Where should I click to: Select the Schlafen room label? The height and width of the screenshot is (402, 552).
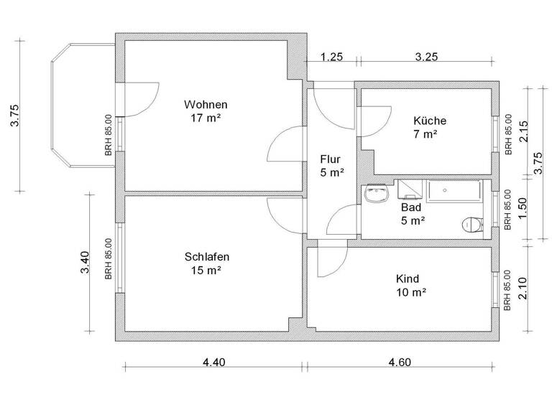pyautogui.click(x=207, y=256)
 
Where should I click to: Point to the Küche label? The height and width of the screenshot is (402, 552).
pyautogui.click(x=430, y=121)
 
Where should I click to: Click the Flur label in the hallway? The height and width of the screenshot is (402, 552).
pyautogui.click(x=331, y=159)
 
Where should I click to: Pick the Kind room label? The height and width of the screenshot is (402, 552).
pyautogui.click(x=408, y=279)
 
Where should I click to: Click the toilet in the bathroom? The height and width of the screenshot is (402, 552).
pyautogui.click(x=471, y=225)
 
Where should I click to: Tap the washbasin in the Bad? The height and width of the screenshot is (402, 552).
pyautogui.click(x=376, y=194)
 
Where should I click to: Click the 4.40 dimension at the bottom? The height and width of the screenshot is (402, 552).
pyautogui.click(x=214, y=363)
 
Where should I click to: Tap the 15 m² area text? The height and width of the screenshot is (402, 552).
pyautogui.click(x=207, y=271)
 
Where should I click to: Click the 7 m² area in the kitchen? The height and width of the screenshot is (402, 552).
pyautogui.click(x=426, y=134)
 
